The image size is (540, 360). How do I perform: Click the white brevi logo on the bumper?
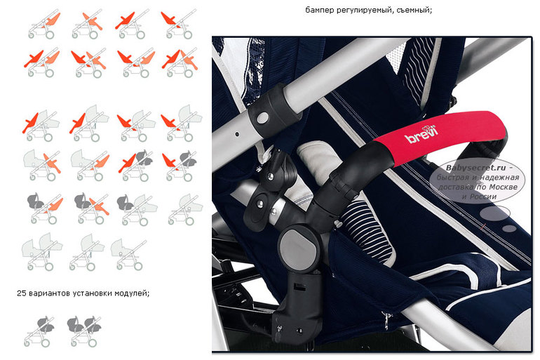click(x=421, y=134)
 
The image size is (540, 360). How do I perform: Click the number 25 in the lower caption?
click(x=21, y=293)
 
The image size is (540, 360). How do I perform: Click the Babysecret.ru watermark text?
click(x=476, y=168)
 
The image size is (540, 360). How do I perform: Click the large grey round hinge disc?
click(x=298, y=246)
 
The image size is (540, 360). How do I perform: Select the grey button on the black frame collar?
click(x=262, y=118)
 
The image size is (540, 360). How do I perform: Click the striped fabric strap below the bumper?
click(x=366, y=231)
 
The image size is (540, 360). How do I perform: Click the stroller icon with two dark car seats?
click(x=84, y=330)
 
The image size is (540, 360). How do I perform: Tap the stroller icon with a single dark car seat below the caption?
click(x=39, y=331)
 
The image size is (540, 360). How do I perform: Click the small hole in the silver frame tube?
click(x=237, y=133)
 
